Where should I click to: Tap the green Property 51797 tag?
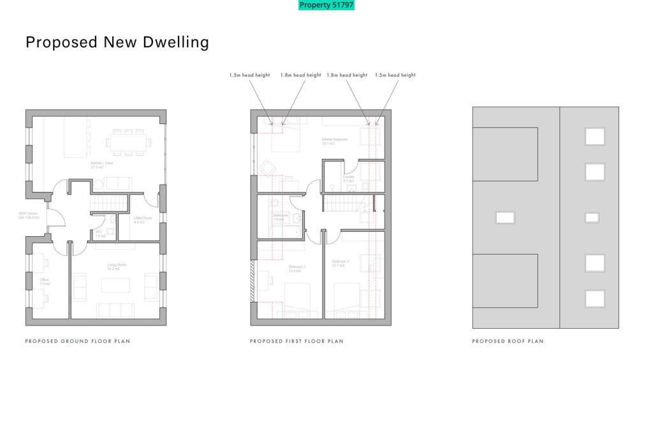(x=326, y=5)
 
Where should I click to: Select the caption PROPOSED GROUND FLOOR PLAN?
(x=77, y=342)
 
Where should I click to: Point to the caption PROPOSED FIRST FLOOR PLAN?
(x=297, y=342)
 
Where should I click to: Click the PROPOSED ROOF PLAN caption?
(x=508, y=342)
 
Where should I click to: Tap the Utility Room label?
(x=139, y=220)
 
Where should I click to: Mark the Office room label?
(x=44, y=282)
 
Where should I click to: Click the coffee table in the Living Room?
(x=115, y=285)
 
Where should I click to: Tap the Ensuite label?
(x=348, y=179)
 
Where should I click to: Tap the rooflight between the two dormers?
(x=505, y=217)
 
